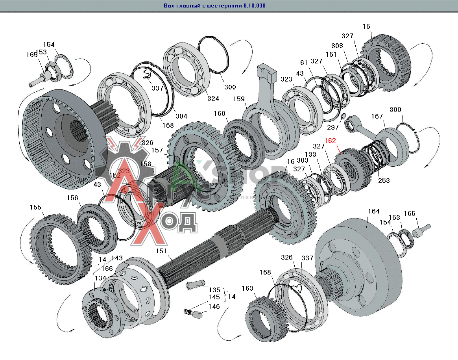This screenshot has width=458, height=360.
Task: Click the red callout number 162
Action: (330, 141)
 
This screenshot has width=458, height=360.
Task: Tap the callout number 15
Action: (366, 27)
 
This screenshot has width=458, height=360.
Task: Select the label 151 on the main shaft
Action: (161, 251)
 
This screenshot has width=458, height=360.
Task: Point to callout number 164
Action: (373, 212)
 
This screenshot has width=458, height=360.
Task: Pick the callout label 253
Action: (384, 180)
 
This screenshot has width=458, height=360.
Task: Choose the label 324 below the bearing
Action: (213, 98)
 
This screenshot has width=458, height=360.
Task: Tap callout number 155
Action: (35, 207)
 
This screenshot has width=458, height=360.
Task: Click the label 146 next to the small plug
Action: (214, 306)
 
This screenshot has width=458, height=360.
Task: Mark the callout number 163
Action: (247, 288)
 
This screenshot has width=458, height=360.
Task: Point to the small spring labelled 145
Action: (188, 312)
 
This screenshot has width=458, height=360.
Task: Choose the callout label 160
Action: (220, 114)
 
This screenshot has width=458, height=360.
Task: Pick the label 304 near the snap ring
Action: (181, 116)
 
